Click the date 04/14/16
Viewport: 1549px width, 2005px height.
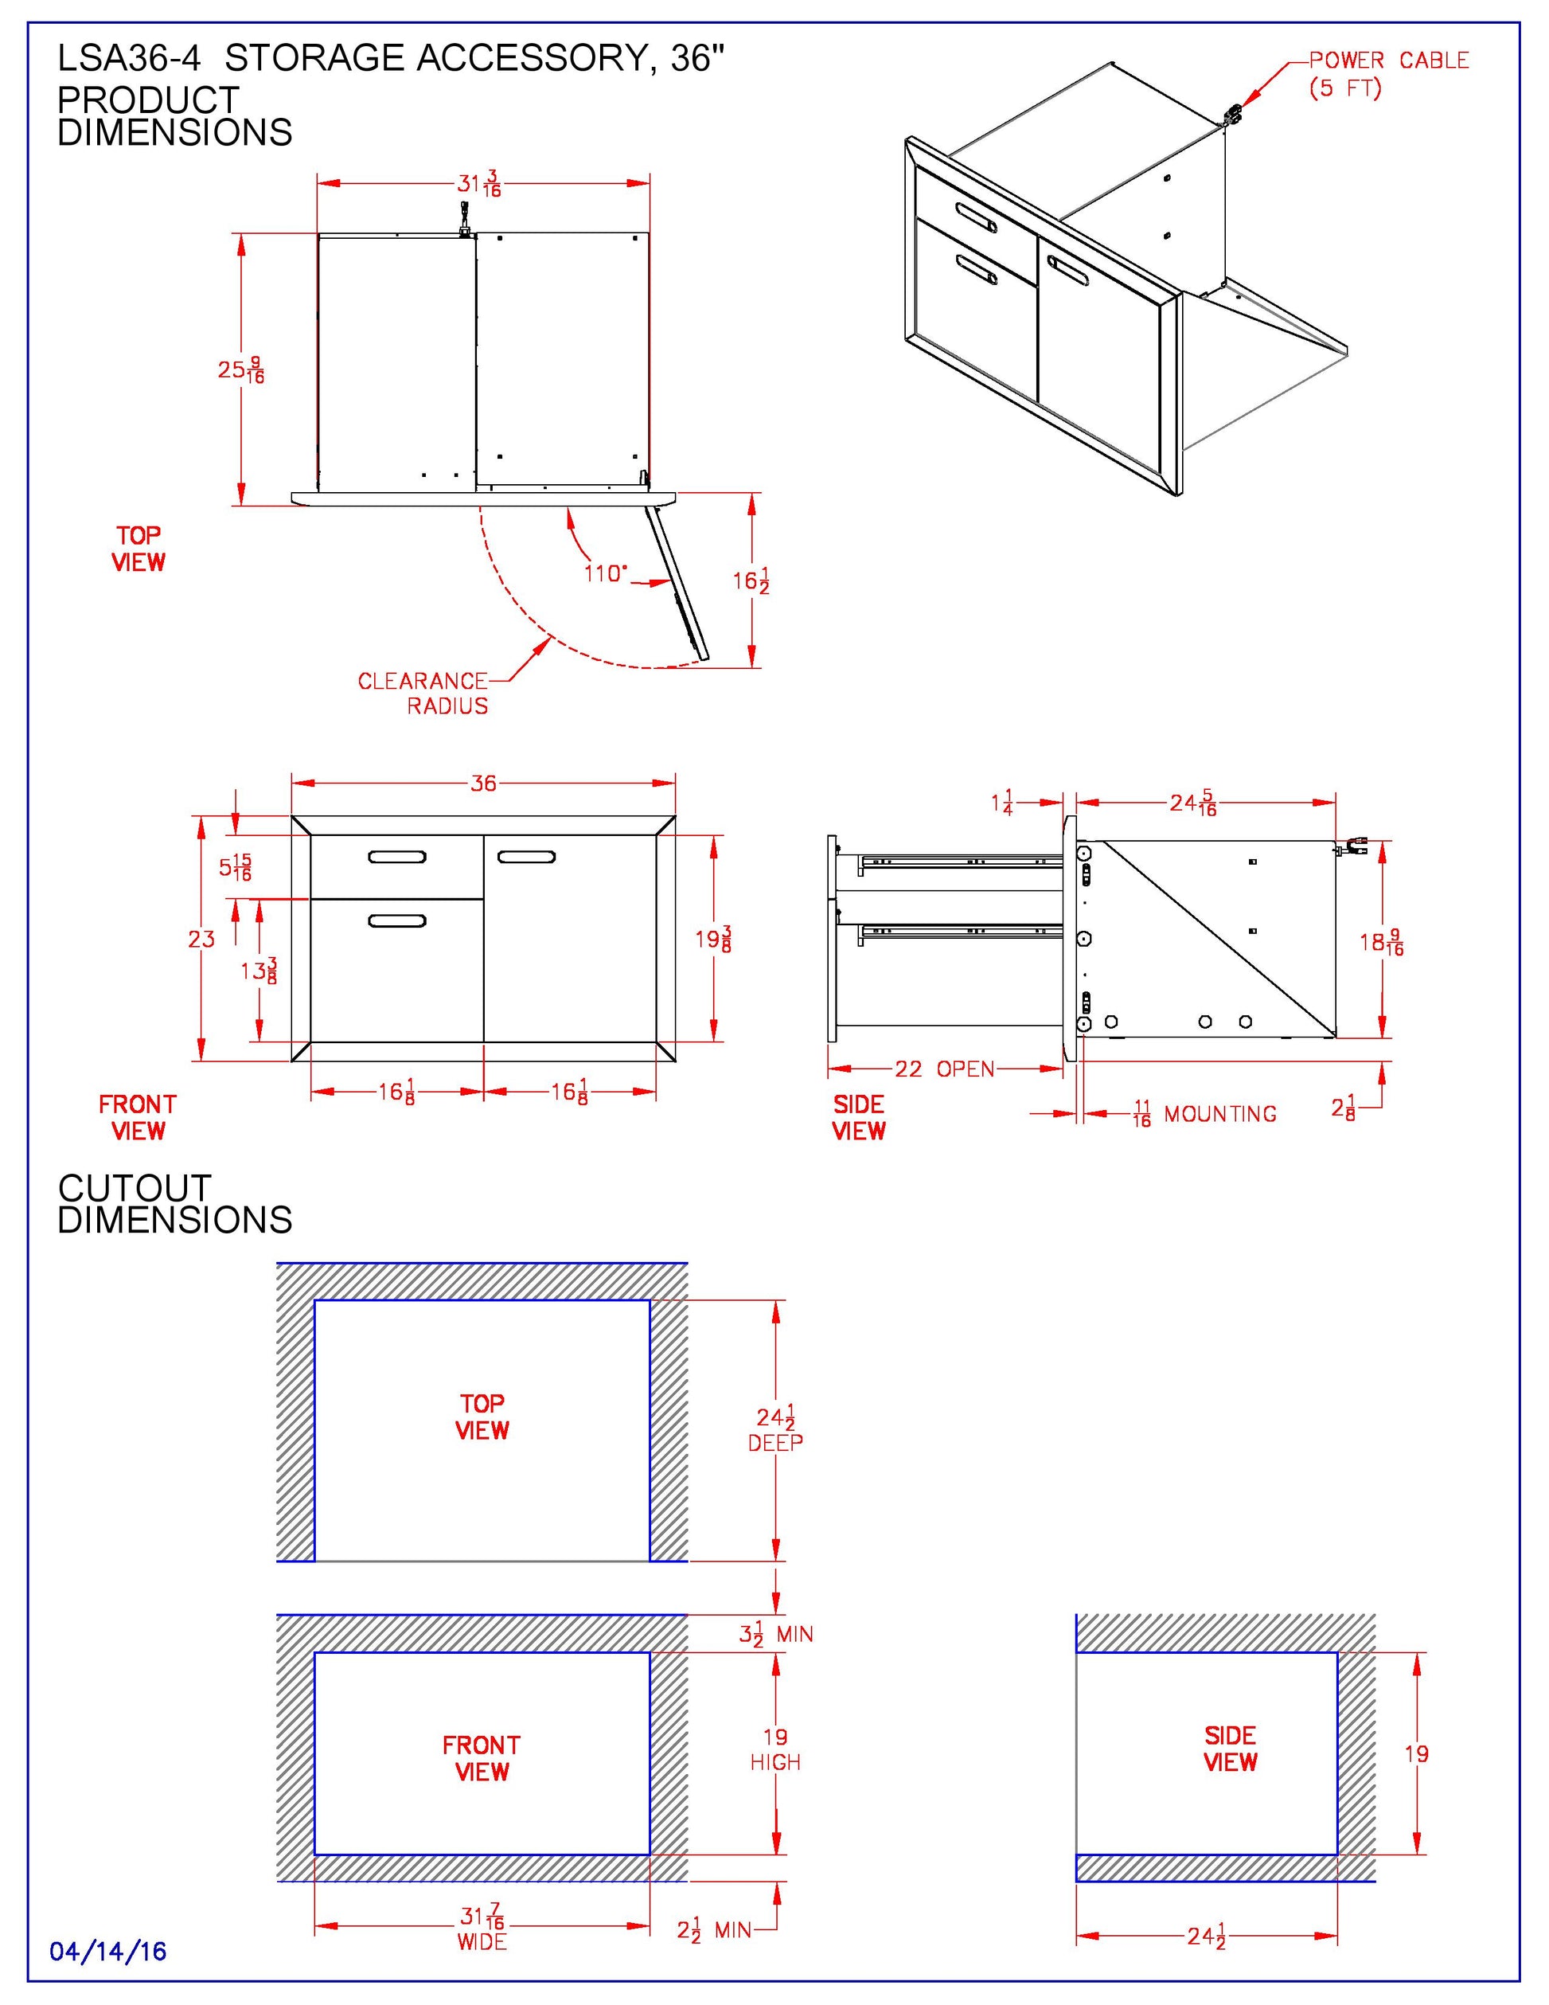point(108,1951)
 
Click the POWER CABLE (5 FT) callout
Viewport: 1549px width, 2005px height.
point(1387,73)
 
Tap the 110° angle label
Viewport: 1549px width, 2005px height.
point(606,574)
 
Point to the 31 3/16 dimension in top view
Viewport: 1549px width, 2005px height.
point(479,184)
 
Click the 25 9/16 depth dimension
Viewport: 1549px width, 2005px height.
point(240,370)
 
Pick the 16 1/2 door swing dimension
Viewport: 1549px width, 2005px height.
point(750,581)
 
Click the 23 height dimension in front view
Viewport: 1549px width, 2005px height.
point(201,938)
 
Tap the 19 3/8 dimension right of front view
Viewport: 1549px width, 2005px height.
point(713,938)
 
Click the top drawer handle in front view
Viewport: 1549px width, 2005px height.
point(396,858)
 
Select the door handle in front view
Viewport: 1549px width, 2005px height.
point(526,858)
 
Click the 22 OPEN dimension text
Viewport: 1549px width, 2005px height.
point(944,1069)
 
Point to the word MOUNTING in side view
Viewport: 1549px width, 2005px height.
point(1219,1114)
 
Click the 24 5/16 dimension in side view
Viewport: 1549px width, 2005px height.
point(1192,803)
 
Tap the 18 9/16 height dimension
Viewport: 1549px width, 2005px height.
point(1381,942)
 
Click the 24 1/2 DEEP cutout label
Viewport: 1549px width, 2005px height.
point(775,1429)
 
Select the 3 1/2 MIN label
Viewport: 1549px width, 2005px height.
point(775,1634)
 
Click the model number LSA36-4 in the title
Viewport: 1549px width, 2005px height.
point(128,59)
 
